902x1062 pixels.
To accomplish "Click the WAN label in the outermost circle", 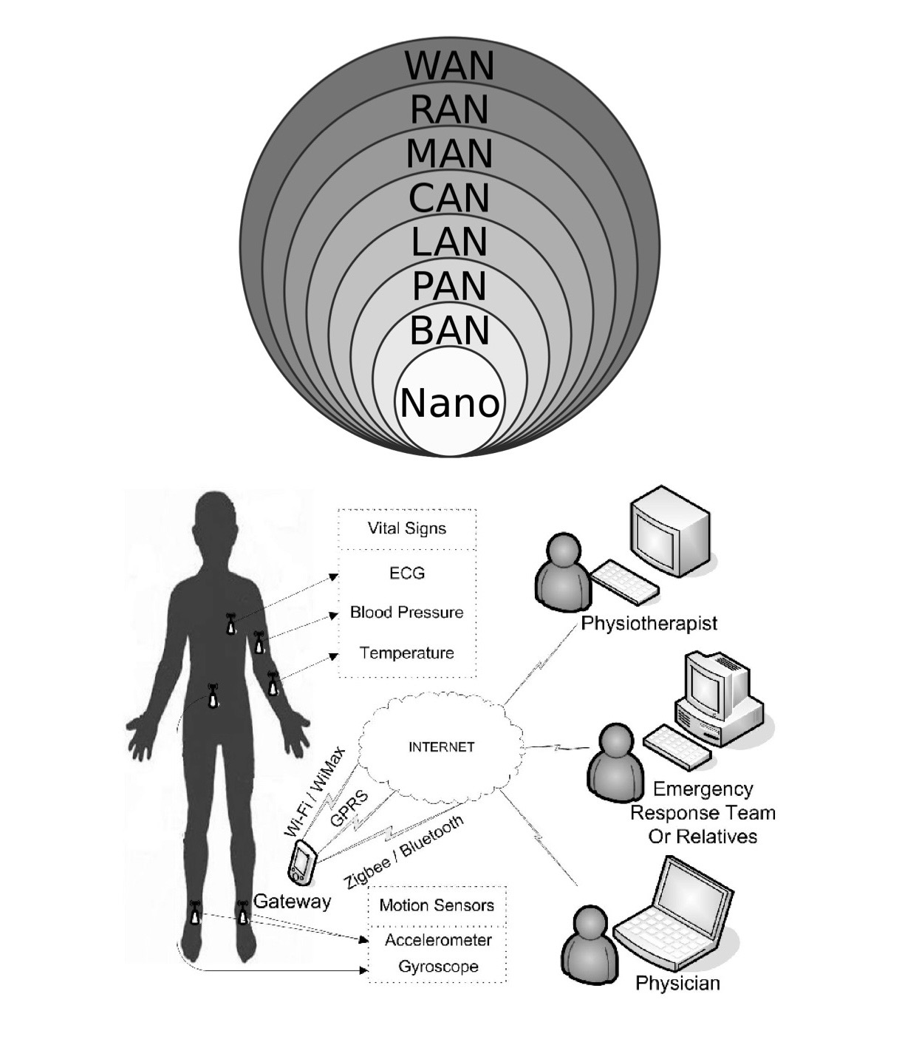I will (x=449, y=66).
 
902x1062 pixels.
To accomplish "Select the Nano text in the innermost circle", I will (x=450, y=404).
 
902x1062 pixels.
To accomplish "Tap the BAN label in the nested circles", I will (x=449, y=330).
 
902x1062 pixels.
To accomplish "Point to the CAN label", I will (x=449, y=198).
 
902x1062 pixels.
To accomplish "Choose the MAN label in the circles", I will (x=449, y=154).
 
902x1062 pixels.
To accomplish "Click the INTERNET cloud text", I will (x=441, y=747).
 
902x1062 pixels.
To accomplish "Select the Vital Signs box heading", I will (x=407, y=528).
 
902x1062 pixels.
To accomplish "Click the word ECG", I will (x=407, y=573).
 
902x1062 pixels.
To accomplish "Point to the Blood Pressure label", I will (x=407, y=613).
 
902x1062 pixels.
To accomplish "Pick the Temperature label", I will (x=407, y=653).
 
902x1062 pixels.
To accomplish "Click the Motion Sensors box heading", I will (x=437, y=905).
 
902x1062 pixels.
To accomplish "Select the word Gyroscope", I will (x=438, y=967).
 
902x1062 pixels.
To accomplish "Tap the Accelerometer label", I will (x=438, y=940).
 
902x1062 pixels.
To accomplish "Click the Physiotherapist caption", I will (x=649, y=624).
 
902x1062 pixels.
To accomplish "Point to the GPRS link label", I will (x=349, y=809).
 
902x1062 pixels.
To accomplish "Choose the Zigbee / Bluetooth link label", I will (x=404, y=851).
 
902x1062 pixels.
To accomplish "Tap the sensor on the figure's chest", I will (x=231, y=624).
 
